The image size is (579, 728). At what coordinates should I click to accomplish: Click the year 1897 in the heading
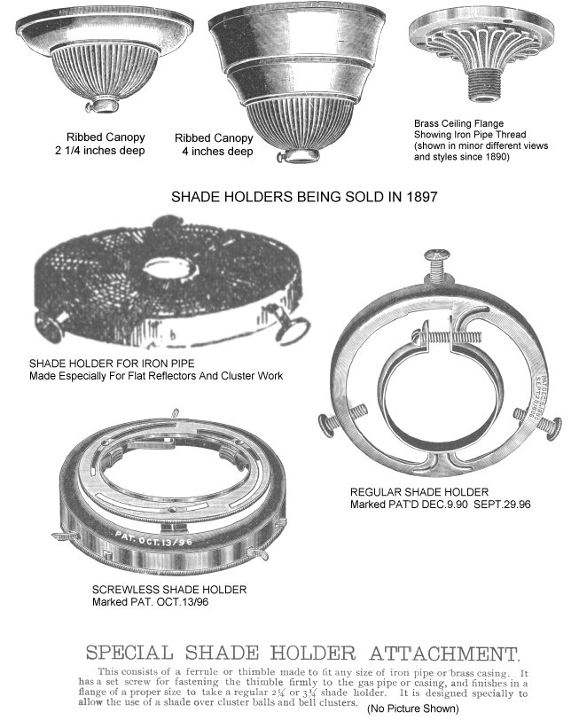(421, 197)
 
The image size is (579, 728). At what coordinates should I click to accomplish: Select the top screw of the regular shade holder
(437, 265)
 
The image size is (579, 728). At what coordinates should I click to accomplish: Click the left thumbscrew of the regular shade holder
(342, 418)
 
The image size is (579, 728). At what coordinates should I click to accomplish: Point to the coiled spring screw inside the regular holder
(446, 337)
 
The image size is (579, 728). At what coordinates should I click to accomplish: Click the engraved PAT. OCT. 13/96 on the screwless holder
(153, 538)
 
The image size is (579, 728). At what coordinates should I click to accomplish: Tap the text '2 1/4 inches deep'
(100, 151)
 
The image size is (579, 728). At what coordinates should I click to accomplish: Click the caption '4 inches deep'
(217, 152)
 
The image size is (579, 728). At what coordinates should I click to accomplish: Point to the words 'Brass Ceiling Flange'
(458, 123)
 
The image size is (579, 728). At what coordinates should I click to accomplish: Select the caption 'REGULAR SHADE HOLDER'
(419, 492)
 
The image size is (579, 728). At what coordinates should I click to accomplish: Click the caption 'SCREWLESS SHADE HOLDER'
(169, 590)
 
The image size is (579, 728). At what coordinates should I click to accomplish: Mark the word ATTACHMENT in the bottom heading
(444, 654)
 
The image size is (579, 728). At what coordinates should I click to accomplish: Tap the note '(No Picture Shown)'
(413, 708)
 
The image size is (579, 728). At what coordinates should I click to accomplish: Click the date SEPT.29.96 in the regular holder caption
(502, 505)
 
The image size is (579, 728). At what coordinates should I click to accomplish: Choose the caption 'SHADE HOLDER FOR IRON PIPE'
(112, 364)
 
